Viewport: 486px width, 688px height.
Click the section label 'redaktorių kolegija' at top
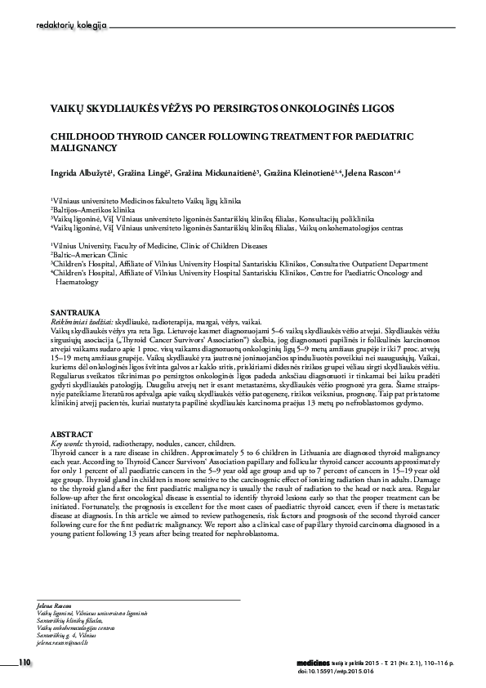(72, 27)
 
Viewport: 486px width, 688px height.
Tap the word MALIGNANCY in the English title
(85, 149)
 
